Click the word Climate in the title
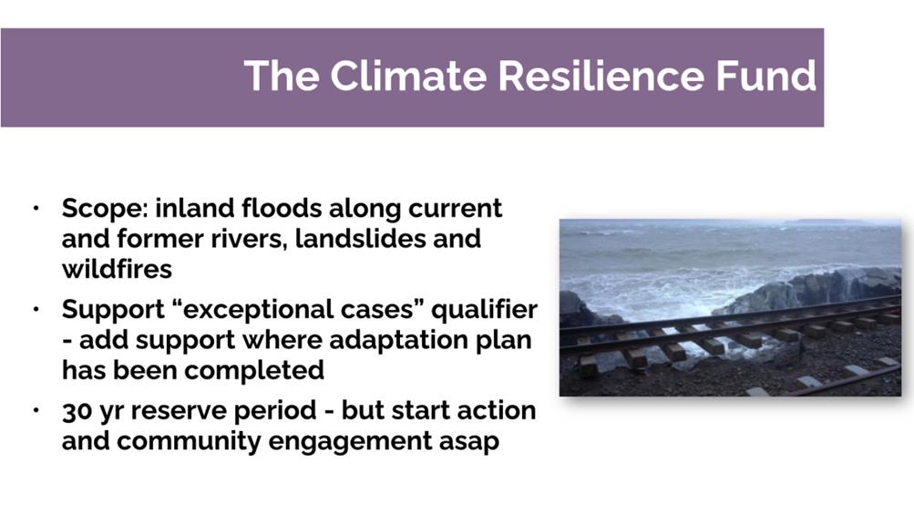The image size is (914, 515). [408, 76]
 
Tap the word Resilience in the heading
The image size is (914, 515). [601, 76]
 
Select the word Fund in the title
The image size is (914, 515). [766, 76]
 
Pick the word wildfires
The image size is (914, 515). [117, 269]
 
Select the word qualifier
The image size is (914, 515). [485, 310]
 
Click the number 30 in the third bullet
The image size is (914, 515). [77, 410]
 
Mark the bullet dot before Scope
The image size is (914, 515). [36, 208]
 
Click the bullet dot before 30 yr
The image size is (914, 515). [36, 410]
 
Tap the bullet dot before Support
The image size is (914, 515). [36, 309]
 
